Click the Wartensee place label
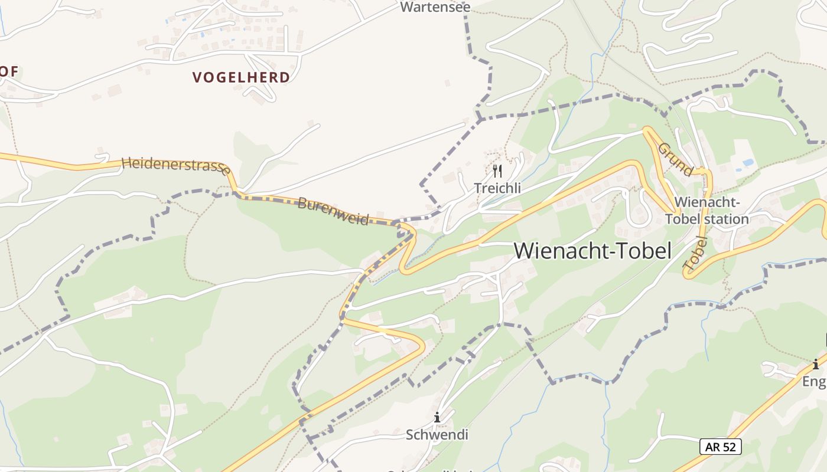[x=435, y=7]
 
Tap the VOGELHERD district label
[x=242, y=77]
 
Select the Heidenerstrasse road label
[x=175, y=165]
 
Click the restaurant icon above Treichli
[x=497, y=171]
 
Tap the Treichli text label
[x=497, y=188]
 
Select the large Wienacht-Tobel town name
[x=592, y=251]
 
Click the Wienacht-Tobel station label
[x=706, y=211]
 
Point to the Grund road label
[x=675, y=159]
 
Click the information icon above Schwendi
[x=437, y=417]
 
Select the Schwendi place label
[x=437, y=435]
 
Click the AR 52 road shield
[x=720, y=447]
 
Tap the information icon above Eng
[x=816, y=364]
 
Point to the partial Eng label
[x=814, y=382]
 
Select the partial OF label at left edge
[x=9, y=71]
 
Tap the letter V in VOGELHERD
[x=197, y=77]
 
